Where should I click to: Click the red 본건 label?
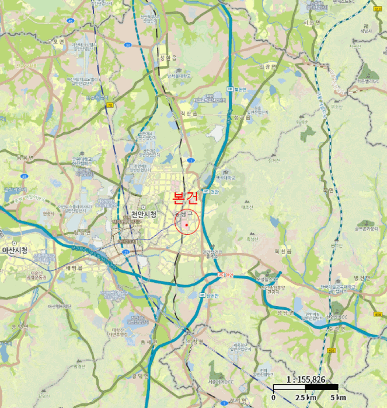[x=186, y=197]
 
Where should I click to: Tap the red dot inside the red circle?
[x=186, y=224]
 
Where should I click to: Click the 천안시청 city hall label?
[x=144, y=214]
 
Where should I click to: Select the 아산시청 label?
[x=15, y=250]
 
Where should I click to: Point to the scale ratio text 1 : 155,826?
[x=306, y=379]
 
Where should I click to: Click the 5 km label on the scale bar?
[x=338, y=398]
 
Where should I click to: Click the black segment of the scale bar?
[x=322, y=387]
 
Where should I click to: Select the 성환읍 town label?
[x=168, y=58]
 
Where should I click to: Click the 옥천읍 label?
[x=283, y=251]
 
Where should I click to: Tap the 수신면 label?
[x=335, y=328]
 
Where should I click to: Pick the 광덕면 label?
[x=140, y=376]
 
